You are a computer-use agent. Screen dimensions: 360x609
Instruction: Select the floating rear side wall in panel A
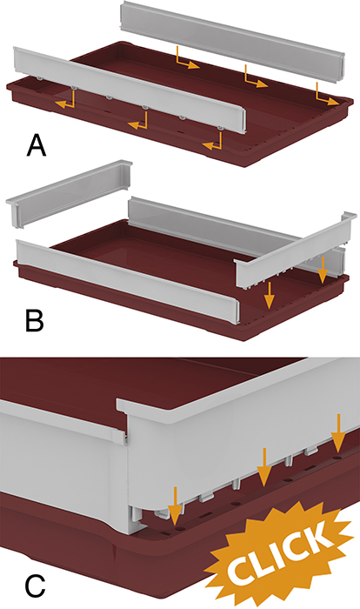[233, 42]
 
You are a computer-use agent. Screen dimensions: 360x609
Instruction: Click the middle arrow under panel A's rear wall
[256, 77]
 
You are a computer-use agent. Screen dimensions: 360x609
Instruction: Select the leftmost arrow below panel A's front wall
[66, 98]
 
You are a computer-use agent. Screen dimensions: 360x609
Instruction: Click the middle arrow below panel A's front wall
[139, 121]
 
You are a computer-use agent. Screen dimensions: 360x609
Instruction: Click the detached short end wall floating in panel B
[69, 193]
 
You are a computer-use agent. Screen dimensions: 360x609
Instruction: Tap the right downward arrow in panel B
[323, 271]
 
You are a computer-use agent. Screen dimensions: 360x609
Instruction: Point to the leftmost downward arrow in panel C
[176, 506]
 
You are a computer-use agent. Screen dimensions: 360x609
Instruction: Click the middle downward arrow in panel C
[264, 467]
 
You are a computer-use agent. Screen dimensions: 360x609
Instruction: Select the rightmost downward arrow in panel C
[339, 433]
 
